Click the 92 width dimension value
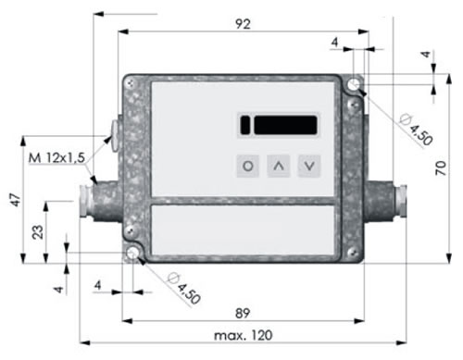[243, 24]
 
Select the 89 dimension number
[243, 313]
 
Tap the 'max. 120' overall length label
[244, 335]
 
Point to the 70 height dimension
[441, 168]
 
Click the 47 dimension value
[16, 200]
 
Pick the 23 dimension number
[38, 232]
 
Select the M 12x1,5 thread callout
[56, 157]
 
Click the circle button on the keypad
[248, 166]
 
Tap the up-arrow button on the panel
[279, 166]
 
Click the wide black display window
[285, 125]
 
